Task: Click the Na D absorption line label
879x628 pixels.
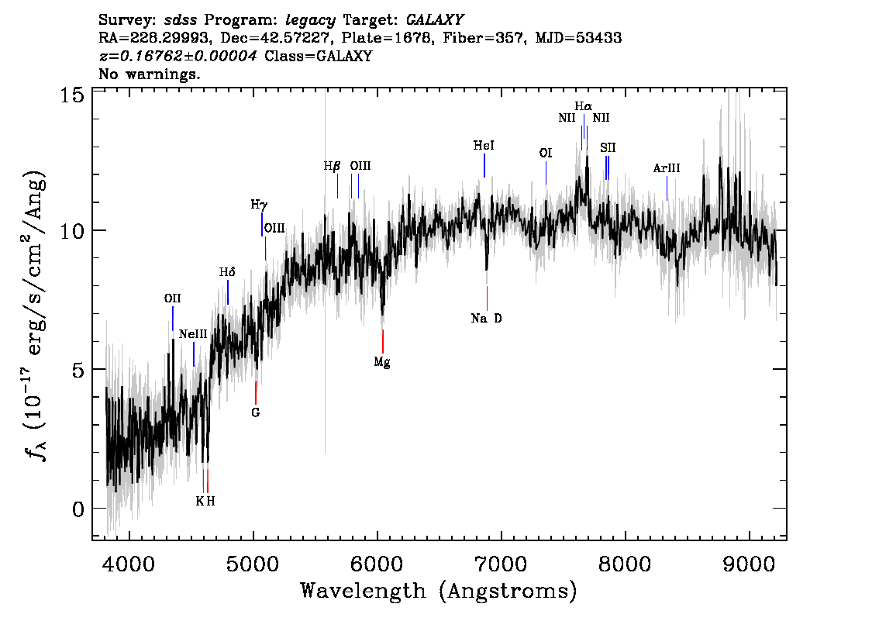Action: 487,318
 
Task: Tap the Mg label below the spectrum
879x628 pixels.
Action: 382,361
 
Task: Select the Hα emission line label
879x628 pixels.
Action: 583,106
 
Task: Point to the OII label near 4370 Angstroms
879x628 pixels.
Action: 172,298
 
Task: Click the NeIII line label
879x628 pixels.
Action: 193,333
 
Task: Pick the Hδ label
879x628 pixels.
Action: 227,272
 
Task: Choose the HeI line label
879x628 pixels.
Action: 484,145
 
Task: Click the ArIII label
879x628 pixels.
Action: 667,167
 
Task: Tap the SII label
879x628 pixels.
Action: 608,147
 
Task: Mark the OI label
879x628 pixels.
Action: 546,153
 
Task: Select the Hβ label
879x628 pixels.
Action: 332,166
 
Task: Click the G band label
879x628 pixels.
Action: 255,412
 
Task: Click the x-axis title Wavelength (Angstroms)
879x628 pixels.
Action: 439,591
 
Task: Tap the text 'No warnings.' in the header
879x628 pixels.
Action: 150,74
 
